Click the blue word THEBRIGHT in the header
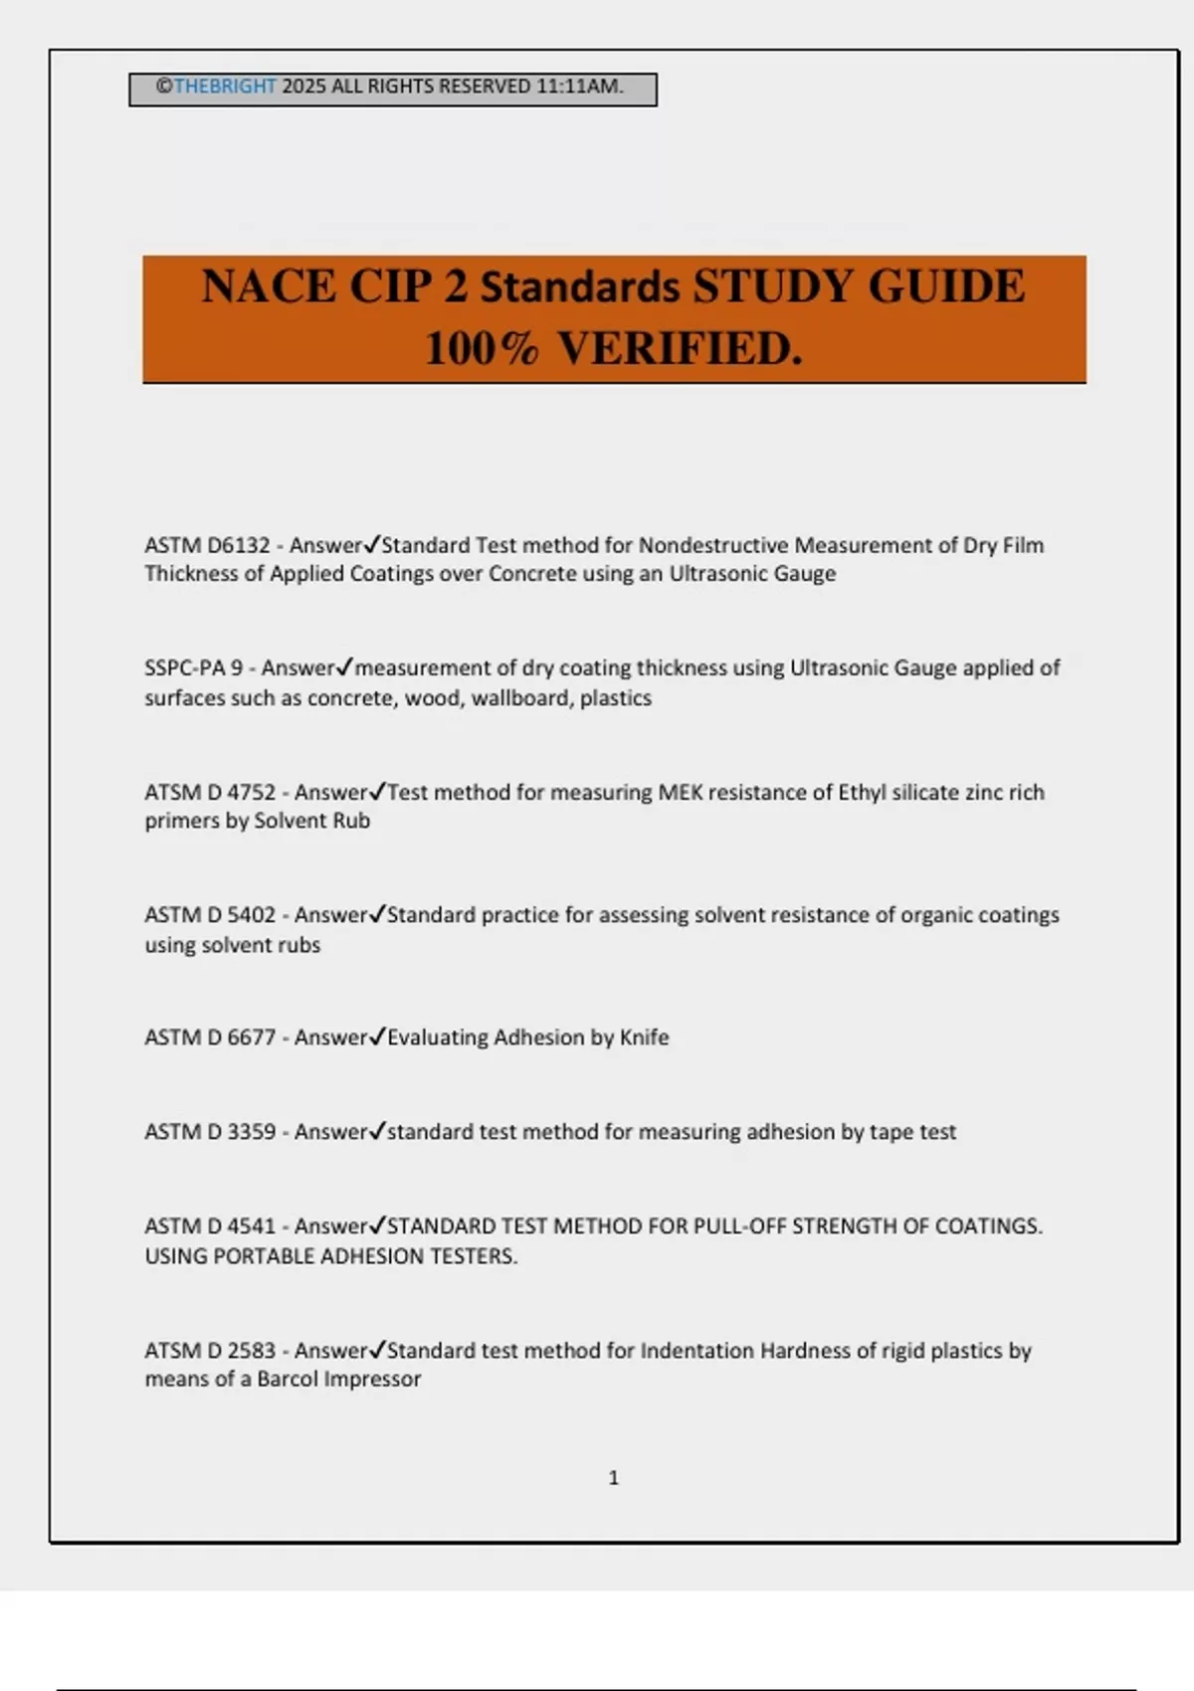(x=224, y=87)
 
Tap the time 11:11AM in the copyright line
(x=579, y=87)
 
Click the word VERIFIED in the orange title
(x=679, y=349)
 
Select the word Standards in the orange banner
(x=580, y=287)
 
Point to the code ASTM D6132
(x=207, y=546)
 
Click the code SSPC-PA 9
(x=193, y=668)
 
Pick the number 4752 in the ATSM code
(x=251, y=793)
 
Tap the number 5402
(x=251, y=915)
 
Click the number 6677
(x=251, y=1037)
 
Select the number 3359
(x=251, y=1132)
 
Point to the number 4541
(x=251, y=1226)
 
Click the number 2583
(x=251, y=1351)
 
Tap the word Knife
(x=644, y=1037)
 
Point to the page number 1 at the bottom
(x=613, y=1478)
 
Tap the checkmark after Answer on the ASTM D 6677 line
(x=376, y=1036)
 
